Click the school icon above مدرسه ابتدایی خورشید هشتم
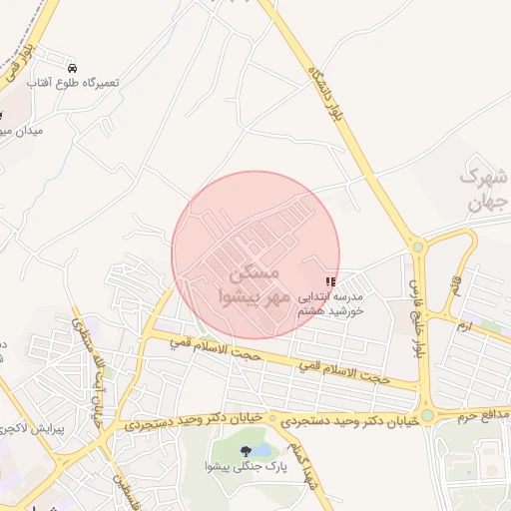click(x=330, y=283)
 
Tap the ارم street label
click(x=462, y=324)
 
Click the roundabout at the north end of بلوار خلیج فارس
click(x=418, y=247)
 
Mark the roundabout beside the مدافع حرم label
click(x=427, y=415)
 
